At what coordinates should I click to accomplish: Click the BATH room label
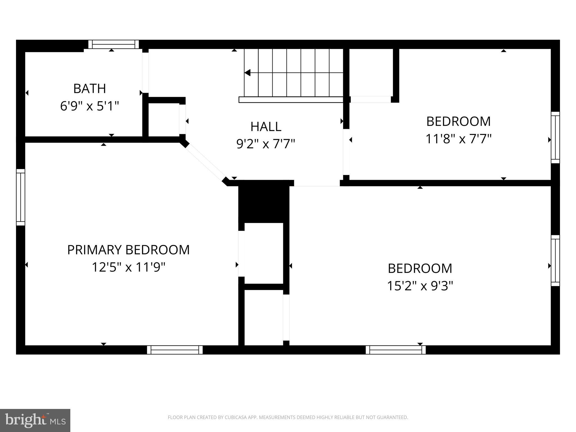point(89,89)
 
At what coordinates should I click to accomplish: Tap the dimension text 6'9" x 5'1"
point(89,106)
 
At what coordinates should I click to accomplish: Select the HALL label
point(266,127)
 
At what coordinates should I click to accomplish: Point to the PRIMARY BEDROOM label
point(128,250)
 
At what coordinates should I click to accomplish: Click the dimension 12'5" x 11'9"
point(128,267)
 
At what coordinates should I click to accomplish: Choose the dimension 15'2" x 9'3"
point(420,286)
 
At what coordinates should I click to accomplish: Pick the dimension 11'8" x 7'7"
point(458,139)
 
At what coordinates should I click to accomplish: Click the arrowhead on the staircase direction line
point(247,73)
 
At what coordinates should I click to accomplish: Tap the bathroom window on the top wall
point(114,44)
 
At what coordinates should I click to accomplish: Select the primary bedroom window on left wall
point(21,197)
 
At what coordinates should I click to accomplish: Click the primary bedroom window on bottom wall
point(175,350)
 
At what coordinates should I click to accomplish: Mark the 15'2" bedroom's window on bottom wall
point(396,350)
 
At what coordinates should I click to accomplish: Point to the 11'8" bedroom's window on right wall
point(555,138)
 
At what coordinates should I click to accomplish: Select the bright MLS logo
point(35,420)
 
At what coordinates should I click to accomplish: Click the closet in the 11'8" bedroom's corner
point(371,73)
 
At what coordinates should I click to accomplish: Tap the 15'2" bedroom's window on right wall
point(555,260)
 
